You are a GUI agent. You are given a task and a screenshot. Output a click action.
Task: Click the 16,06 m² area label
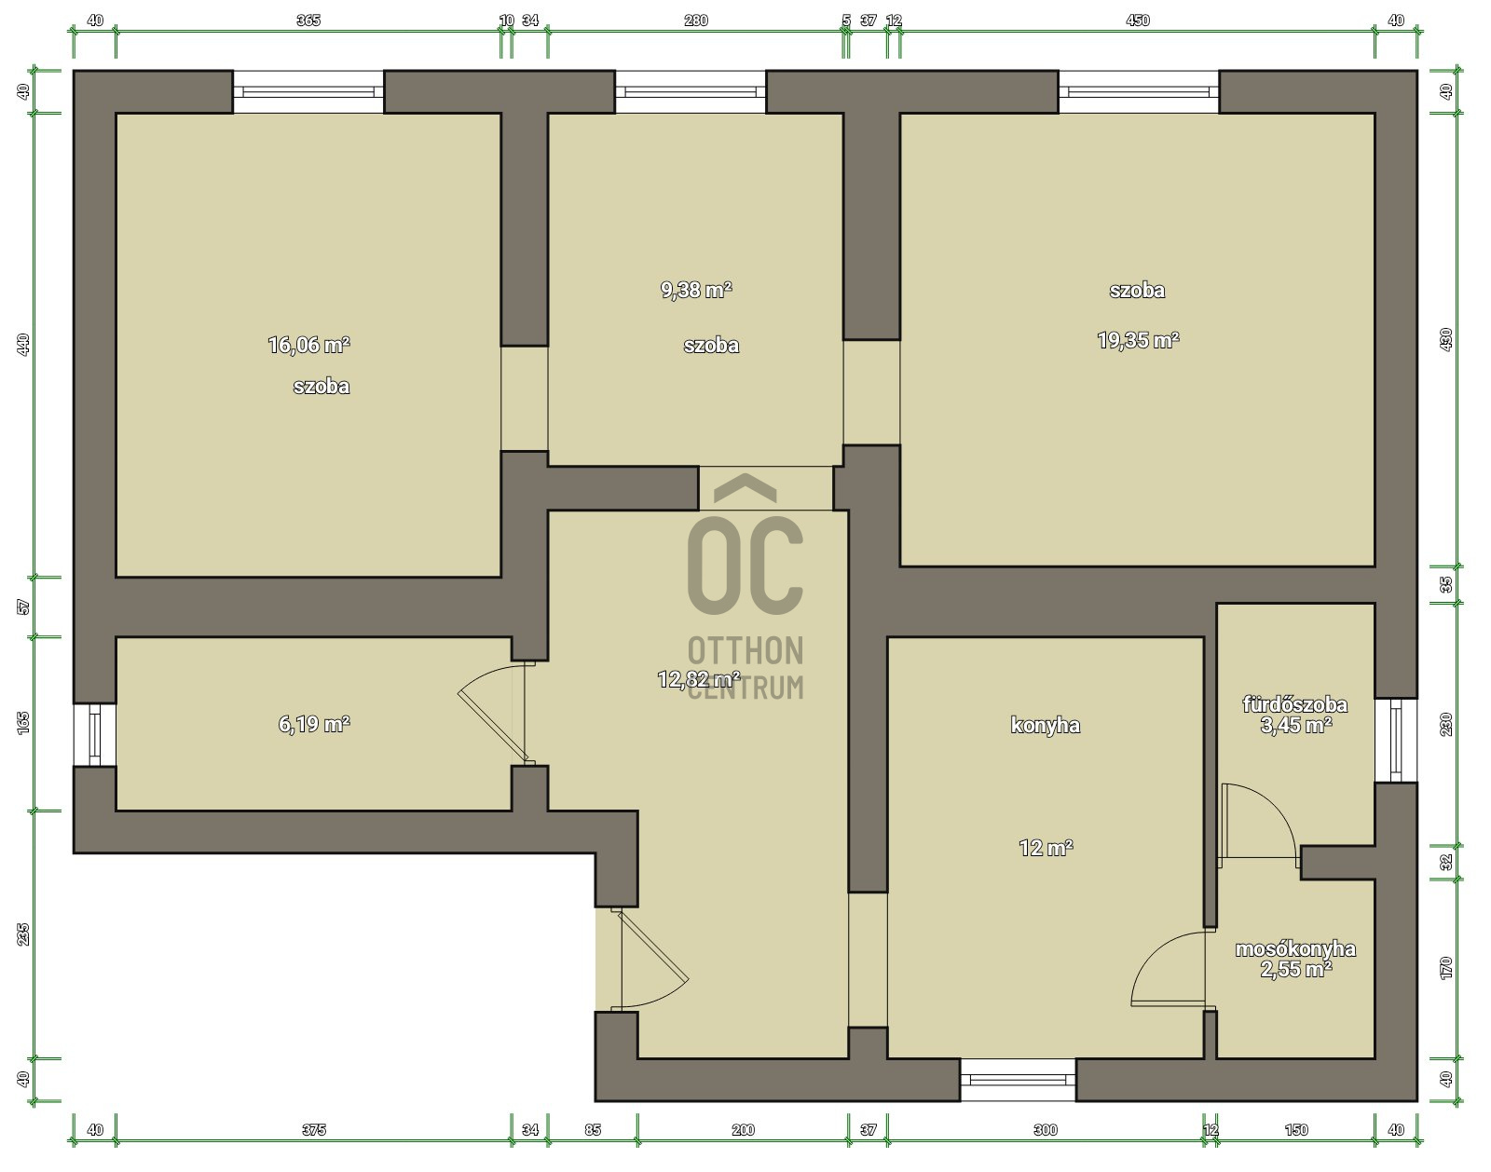[x=308, y=345]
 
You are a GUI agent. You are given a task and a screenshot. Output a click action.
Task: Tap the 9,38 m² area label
[x=696, y=290]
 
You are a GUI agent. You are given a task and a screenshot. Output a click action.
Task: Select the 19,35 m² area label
[x=1139, y=340]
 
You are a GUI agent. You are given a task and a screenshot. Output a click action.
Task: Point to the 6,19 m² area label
[x=314, y=724]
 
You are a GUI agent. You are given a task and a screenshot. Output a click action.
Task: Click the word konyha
[x=1045, y=725]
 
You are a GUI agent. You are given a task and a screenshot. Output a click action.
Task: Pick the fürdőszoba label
[x=1295, y=704]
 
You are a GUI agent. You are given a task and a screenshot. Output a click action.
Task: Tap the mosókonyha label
[x=1295, y=948]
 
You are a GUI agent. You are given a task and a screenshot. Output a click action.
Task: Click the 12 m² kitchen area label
[x=1046, y=847]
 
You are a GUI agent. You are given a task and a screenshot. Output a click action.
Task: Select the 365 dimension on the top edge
[x=308, y=20]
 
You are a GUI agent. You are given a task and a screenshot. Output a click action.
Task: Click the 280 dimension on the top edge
[x=695, y=20]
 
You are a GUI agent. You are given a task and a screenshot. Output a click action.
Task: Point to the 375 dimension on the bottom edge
[x=314, y=1130]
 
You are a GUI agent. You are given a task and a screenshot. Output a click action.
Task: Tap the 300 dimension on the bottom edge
[x=1046, y=1130]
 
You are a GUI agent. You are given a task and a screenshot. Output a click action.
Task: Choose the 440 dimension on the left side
[x=23, y=345]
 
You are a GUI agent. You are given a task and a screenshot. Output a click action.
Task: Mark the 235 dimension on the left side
[x=23, y=934]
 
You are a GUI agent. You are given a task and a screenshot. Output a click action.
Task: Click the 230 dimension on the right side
[x=1446, y=725]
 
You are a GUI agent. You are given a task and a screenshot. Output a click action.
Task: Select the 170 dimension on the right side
[x=1446, y=968]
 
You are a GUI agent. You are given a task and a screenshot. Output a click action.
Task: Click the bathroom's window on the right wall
[x=1396, y=741]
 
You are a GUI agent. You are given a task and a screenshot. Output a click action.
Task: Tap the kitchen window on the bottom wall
[x=1018, y=1080]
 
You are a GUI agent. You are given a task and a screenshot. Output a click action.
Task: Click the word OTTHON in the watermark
[x=745, y=650]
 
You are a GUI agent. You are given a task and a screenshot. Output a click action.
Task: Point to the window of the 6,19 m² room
[x=95, y=735]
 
